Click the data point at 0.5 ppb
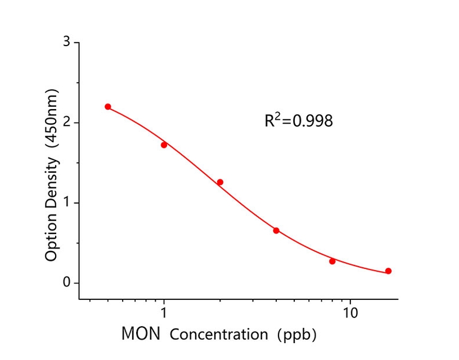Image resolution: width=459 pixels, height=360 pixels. click(x=108, y=107)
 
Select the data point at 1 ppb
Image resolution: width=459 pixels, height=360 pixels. click(x=164, y=145)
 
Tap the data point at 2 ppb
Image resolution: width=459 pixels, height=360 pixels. click(x=220, y=182)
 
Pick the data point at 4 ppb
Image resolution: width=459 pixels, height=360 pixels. click(x=276, y=231)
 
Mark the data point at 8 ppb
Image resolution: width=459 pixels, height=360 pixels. click(x=332, y=261)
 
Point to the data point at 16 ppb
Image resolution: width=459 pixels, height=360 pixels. click(x=388, y=271)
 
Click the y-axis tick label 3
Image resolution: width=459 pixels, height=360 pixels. click(x=67, y=42)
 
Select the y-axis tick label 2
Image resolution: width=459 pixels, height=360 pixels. click(x=67, y=123)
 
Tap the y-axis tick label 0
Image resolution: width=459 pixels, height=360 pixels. click(x=67, y=282)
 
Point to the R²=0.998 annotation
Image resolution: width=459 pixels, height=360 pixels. click(x=299, y=120)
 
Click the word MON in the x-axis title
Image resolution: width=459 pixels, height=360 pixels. click(x=141, y=334)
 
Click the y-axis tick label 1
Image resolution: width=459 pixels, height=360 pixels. click(x=67, y=202)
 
